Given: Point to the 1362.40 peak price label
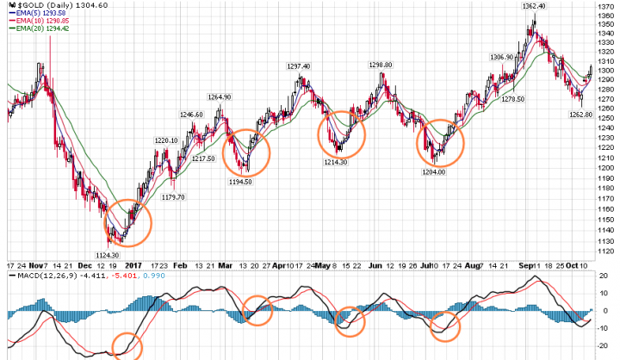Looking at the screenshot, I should tap(534, 6).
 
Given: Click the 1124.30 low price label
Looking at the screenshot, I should tap(108, 254).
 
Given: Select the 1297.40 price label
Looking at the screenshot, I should tap(298, 66).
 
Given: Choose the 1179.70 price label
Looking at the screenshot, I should tap(174, 197).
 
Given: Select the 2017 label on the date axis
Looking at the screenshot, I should tap(133, 265).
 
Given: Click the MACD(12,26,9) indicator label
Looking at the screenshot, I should tap(34, 276).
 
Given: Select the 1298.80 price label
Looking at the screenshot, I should tap(380, 65).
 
